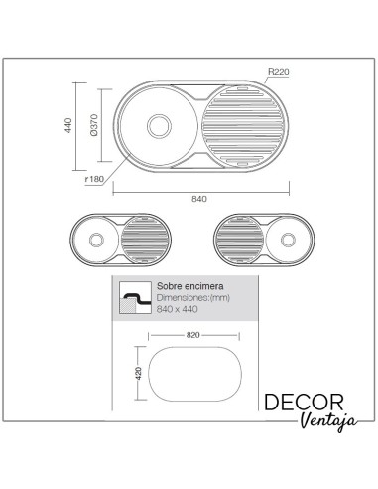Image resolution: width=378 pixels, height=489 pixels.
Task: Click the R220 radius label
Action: (x=277, y=72)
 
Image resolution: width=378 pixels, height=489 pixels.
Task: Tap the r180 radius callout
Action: (x=95, y=180)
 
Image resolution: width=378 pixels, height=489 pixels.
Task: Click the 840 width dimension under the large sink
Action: (x=198, y=199)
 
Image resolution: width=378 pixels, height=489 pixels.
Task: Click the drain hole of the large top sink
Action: (x=157, y=126)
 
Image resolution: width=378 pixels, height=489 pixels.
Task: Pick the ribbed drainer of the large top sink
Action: (x=241, y=126)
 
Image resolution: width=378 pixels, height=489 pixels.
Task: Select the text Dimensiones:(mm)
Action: (x=191, y=297)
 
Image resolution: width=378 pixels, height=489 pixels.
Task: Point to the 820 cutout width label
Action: (x=194, y=336)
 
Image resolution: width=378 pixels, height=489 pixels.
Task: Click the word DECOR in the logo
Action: (x=304, y=403)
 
